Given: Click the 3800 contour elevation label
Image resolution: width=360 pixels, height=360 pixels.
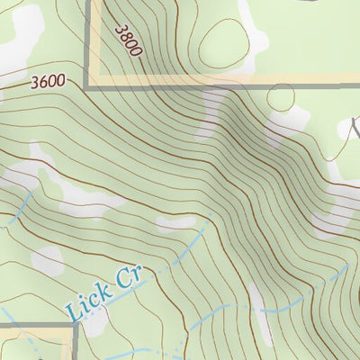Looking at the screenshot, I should click(x=129, y=40).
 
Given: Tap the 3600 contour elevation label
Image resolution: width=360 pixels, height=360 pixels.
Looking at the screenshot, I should click(x=48, y=81).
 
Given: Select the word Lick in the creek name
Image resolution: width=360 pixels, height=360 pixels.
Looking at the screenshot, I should click(x=91, y=301).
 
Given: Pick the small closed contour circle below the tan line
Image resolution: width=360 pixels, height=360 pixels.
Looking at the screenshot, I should click(x=282, y=98).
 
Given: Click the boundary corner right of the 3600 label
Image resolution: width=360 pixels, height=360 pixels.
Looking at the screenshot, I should click(x=88, y=86).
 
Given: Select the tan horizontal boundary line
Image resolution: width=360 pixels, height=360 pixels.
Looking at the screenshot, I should click(x=225, y=82).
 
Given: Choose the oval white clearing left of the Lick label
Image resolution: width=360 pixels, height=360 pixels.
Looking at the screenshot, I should click(x=47, y=261).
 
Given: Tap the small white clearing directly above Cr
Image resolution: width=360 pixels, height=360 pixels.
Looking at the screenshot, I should click(x=176, y=221).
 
